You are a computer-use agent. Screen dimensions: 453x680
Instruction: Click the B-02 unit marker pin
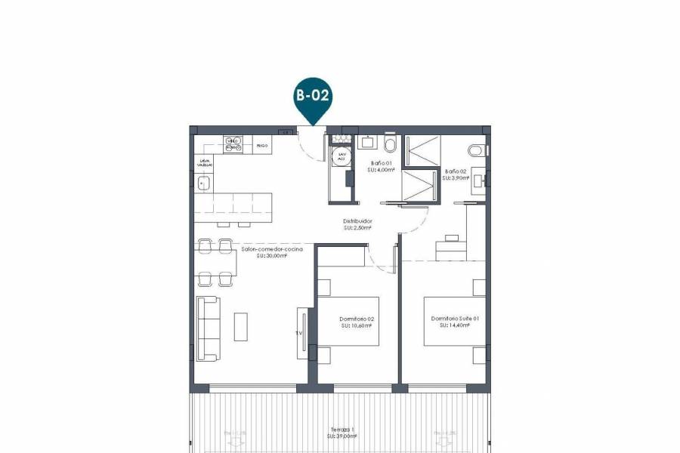pos(314,97)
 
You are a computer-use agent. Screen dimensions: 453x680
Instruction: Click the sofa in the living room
pos(208,328)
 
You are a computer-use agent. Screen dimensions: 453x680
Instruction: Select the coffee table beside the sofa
pos(241,326)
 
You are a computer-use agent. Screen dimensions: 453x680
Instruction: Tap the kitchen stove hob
pos(233,143)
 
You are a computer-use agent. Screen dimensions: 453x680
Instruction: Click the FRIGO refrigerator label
pos(261,145)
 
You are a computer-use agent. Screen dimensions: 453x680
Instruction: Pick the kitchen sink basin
pos(203,182)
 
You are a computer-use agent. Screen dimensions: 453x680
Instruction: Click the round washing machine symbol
pos(342,156)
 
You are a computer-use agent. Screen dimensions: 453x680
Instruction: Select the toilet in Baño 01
pos(390,143)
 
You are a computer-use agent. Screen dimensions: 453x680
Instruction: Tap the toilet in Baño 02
pos(476,149)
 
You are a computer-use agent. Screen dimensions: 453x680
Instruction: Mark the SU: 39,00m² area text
pos(342,436)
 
